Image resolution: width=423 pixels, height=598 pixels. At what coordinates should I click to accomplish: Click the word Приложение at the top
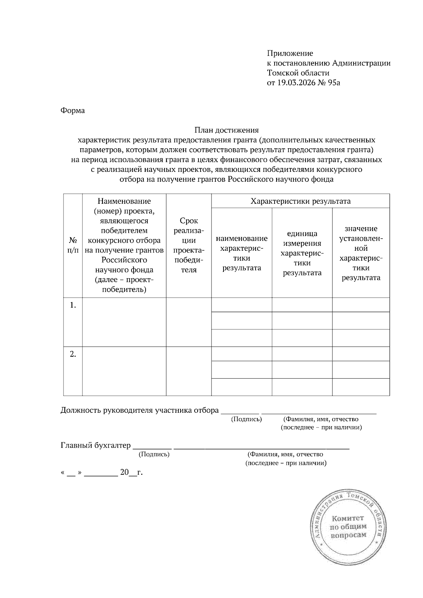290,54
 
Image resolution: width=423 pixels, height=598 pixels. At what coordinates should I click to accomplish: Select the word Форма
73,111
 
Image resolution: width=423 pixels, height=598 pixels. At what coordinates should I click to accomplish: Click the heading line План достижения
226,130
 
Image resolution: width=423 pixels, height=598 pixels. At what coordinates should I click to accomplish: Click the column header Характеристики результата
300,201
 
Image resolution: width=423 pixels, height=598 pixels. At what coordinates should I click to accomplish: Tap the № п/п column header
73,245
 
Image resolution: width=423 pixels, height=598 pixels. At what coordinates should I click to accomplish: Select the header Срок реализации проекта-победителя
189,245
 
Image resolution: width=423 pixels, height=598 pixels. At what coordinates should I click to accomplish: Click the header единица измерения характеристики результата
302,253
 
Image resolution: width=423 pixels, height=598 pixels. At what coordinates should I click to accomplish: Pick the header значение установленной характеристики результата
361,253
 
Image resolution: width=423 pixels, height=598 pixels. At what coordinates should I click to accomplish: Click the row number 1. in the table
73,305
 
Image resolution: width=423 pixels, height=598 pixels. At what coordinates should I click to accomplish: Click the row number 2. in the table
73,354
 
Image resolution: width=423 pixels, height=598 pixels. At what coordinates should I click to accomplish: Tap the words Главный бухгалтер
96,445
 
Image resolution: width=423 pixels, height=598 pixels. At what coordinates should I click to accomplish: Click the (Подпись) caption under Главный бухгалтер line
154,454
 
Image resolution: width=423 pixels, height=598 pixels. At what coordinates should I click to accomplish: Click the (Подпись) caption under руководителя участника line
246,419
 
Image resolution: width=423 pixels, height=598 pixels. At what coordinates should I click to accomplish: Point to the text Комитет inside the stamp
347,518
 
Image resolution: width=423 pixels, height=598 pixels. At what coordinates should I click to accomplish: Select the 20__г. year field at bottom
131,472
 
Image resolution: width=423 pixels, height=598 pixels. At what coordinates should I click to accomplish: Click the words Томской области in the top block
298,73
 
